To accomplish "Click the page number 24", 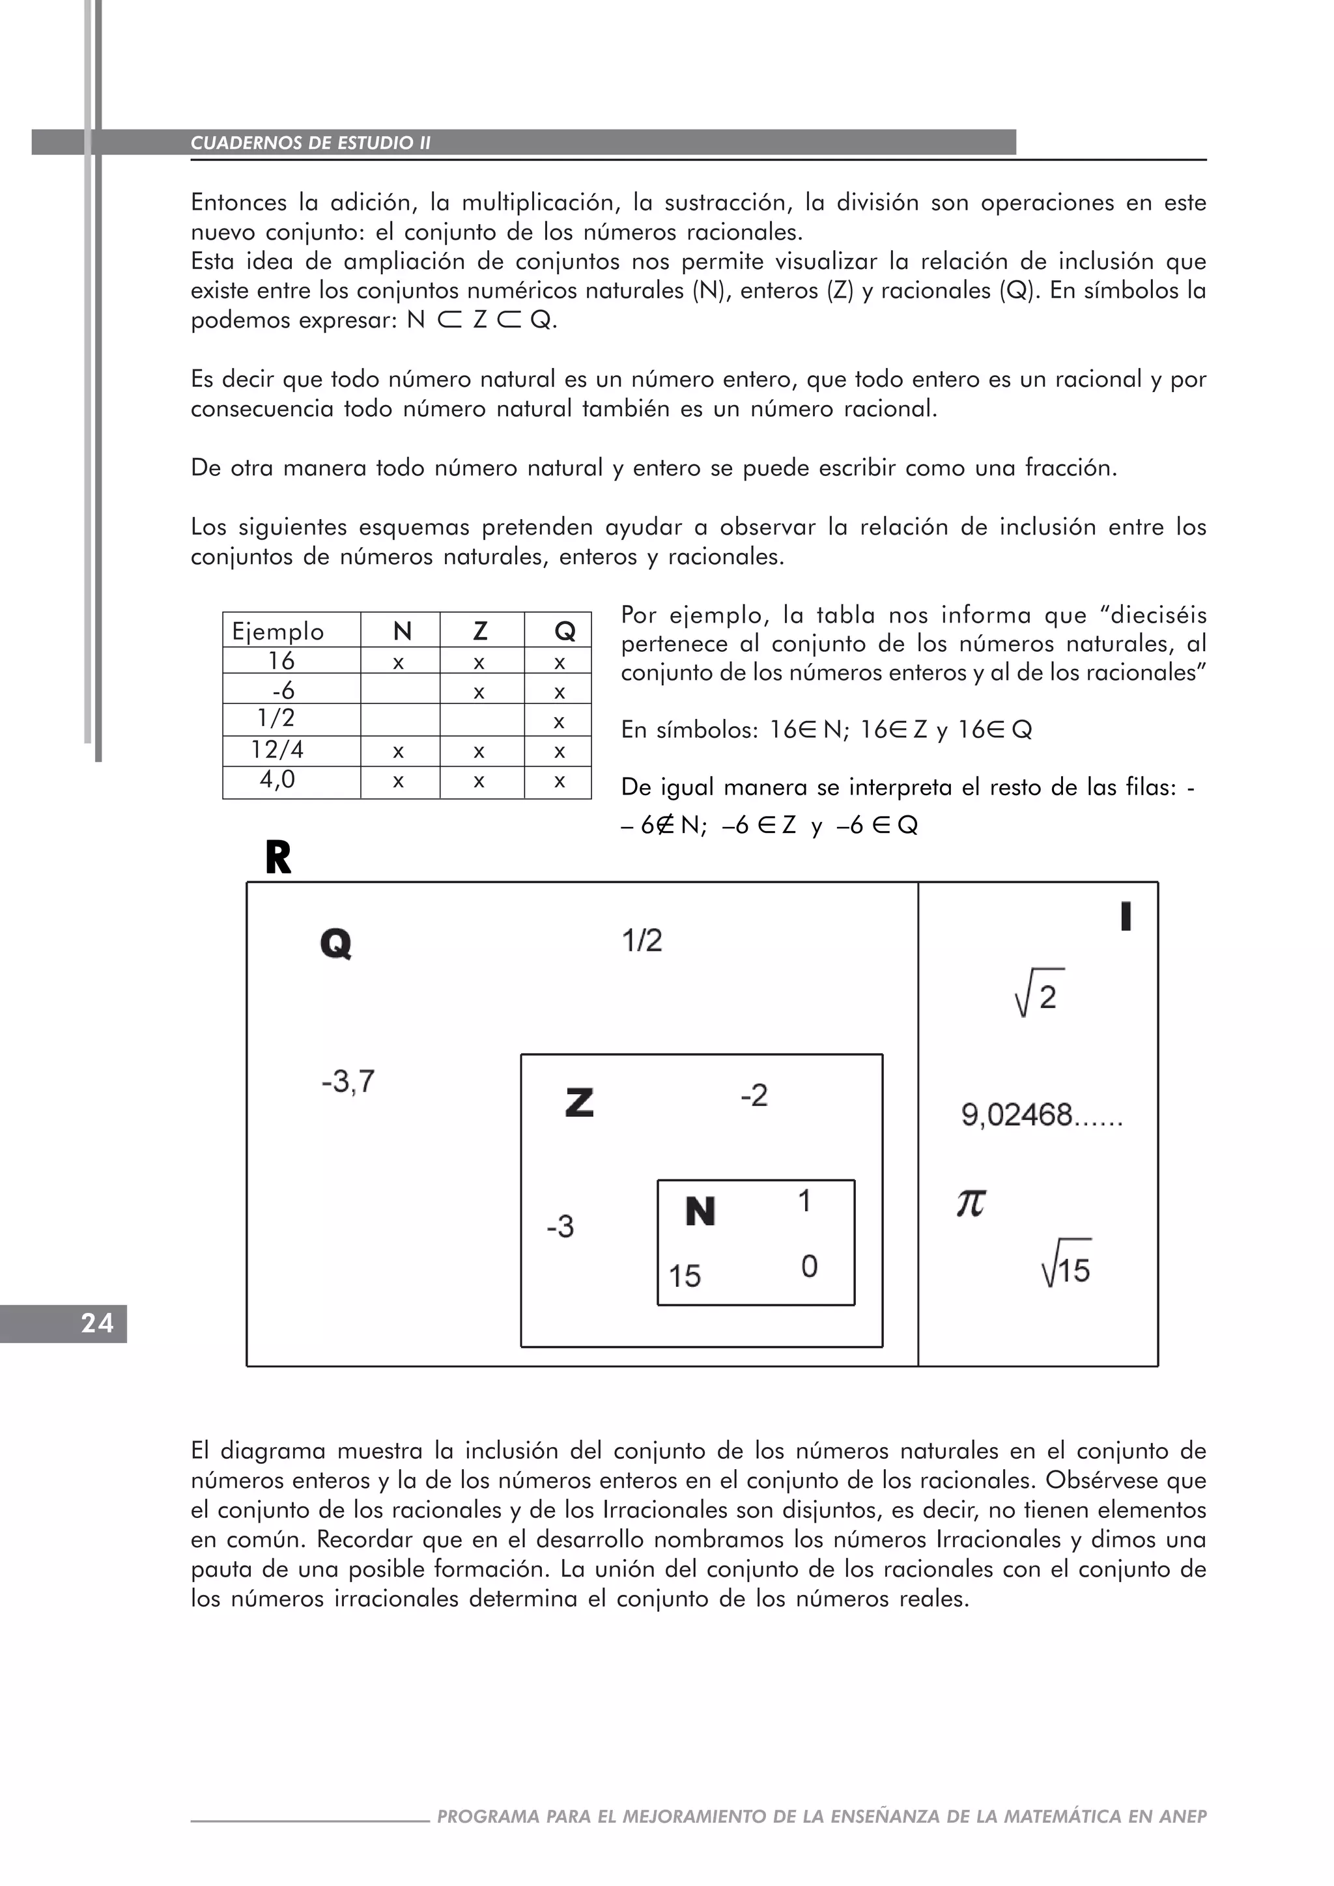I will point(96,1323).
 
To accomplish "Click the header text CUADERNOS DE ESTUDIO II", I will point(311,143).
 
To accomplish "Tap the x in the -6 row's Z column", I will point(479,692).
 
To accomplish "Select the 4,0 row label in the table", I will point(277,779).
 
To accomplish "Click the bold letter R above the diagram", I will point(279,858).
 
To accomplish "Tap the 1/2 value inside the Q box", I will point(642,940).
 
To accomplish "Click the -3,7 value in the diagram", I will point(347,1082).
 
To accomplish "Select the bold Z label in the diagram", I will point(579,1103).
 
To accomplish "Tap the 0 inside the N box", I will point(809,1266).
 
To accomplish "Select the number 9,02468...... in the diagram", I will point(1042,1116).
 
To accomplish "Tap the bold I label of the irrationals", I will point(1126,917).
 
